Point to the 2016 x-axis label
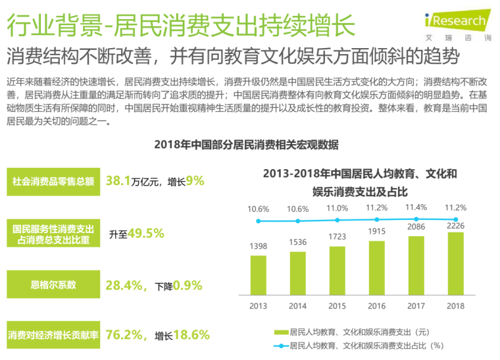(x=377, y=306)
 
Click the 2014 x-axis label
(x=298, y=306)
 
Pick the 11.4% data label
(x=416, y=207)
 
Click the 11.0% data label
(x=337, y=209)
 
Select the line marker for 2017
(x=416, y=219)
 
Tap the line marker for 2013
(x=259, y=222)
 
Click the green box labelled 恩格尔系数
(x=53, y=285)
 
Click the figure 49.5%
(x=145, y=233)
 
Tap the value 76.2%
(x=125, y=335)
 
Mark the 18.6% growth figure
(x=191, y=335)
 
